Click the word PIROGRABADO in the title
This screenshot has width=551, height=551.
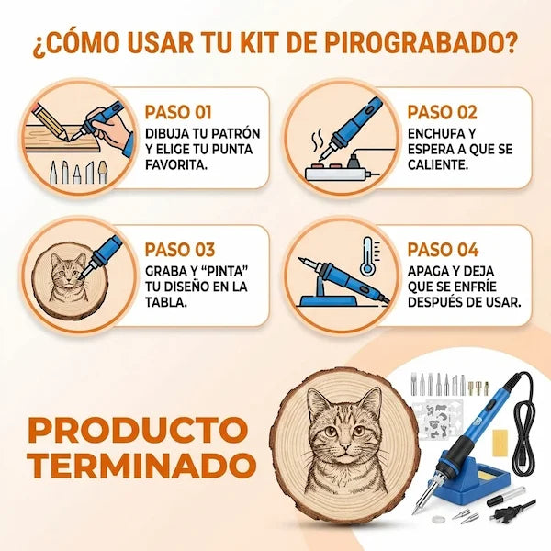click(x=421, y=42)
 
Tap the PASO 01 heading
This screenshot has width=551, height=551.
click(x=178, y=112)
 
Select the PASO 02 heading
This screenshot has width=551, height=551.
click(x=442, y=112)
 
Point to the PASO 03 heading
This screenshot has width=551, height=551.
click(x=180, y=250)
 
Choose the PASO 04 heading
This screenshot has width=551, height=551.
click(x=443, y=250)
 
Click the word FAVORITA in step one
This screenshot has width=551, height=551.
click(x=176, y=164)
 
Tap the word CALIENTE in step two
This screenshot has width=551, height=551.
click(x=438, y=164)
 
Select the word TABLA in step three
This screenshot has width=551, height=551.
click(x=166, y=302)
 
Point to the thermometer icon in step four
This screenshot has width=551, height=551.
click(x=368, y=255)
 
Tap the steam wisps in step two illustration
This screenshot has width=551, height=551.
click(x=318, y=140)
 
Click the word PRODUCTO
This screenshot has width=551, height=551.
click(x=138, y=431)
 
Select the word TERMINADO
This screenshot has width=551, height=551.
click(x=141, y=465)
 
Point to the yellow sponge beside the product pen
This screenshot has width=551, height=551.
click(x=500, y=443)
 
